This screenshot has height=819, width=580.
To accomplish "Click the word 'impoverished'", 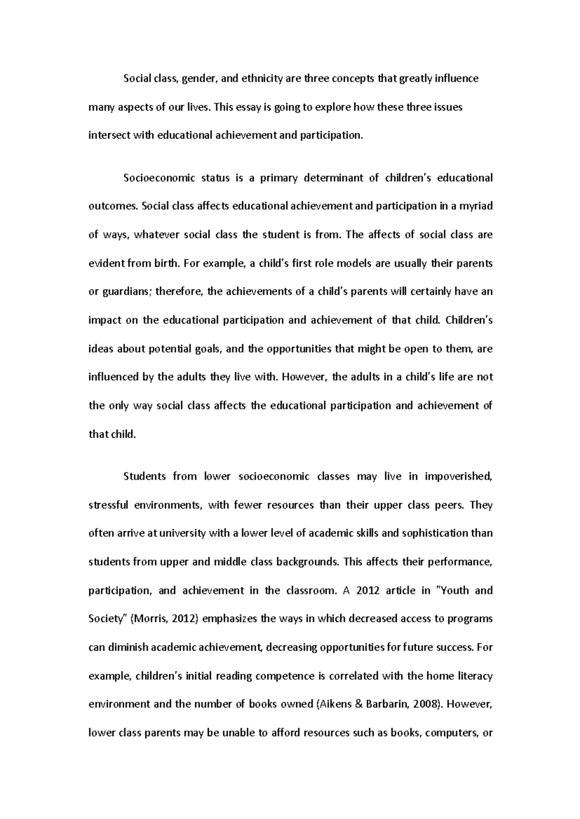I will (459, 477).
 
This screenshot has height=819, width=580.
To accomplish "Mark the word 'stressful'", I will (109, 505).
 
